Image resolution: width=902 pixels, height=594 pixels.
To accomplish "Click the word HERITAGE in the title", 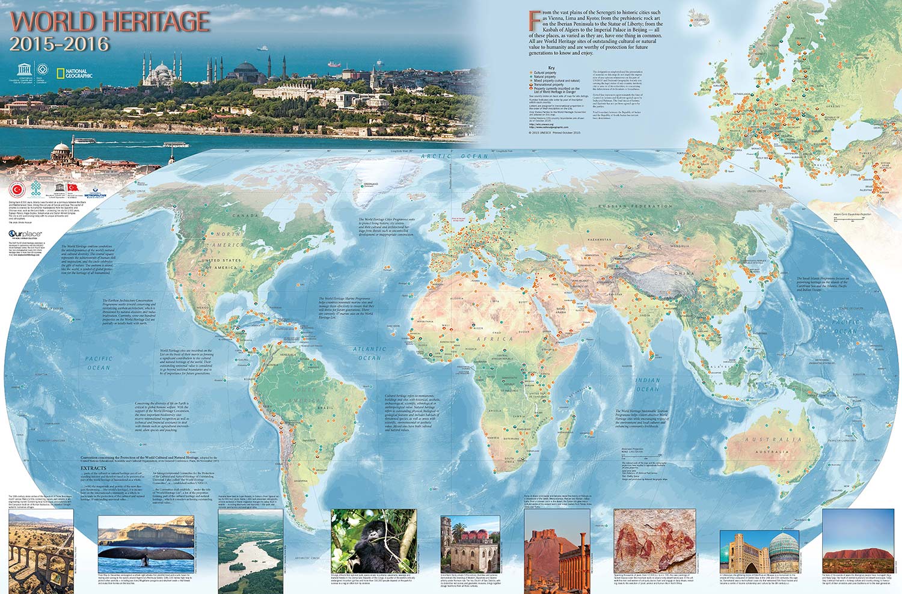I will click(x=152, y=22).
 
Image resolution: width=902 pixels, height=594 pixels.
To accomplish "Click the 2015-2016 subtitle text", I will click(x=60, y=44).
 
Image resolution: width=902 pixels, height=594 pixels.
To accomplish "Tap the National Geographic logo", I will click(x=73, y=73).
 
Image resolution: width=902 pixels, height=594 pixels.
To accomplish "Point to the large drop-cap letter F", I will click(x=532, y=20).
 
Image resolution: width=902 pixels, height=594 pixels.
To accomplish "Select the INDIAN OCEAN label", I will click(x=648, y=385).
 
